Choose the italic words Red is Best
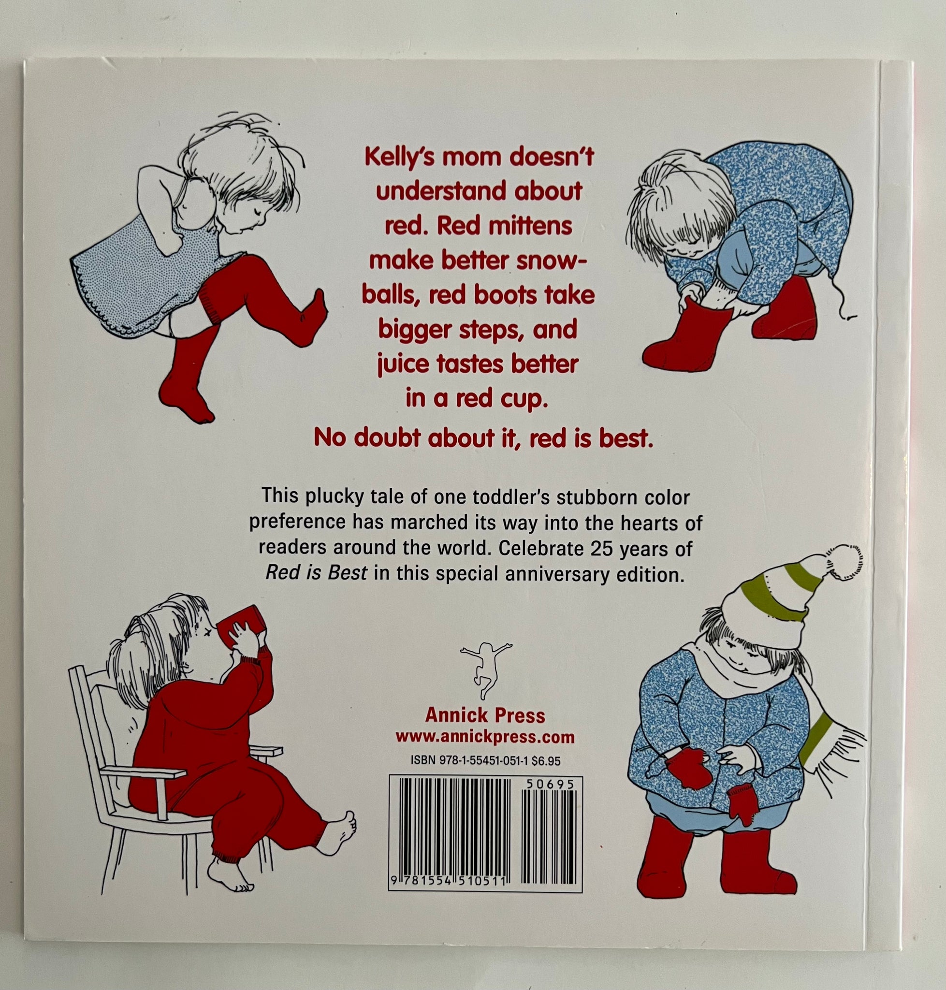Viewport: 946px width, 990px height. [316, 573]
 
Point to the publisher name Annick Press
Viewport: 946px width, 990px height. [485, 715]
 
